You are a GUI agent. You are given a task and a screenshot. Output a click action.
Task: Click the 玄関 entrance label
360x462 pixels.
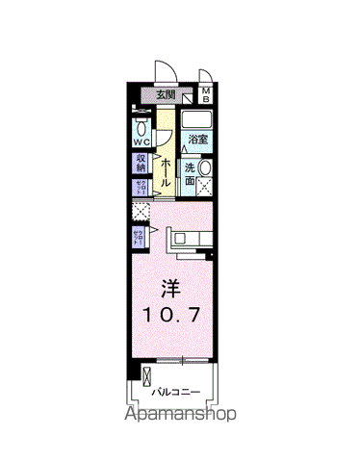pyautogui.click(x=166, y=95)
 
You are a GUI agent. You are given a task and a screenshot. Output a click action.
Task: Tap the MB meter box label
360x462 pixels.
pyautogui.click(x=205, y=94)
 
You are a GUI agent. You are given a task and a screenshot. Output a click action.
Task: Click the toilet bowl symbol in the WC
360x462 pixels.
pyautogui.click(x=141, y=127)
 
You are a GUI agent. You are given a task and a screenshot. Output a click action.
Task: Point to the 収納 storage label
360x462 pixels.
pyautogui.click(x=141, y=164)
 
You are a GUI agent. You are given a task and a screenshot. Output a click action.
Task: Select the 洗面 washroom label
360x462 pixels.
pyautogui.click(x=191, y=173)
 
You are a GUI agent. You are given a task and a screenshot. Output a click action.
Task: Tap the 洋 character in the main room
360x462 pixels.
pyautogui.click(x=168, y=288)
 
